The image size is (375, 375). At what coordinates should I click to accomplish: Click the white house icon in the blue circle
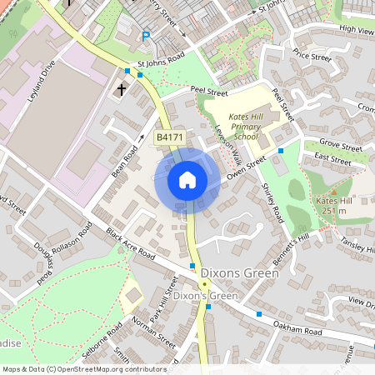coord(187,180)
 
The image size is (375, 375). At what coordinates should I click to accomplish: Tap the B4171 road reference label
coord(169,137)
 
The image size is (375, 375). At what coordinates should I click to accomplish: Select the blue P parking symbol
coord(146,37)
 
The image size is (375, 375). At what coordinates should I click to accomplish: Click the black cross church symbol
coord(121,88)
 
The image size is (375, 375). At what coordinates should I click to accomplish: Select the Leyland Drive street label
coord(41,80)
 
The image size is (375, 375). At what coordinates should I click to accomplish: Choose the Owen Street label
coord(245,160)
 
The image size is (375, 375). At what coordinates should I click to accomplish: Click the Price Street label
coord(312,57)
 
